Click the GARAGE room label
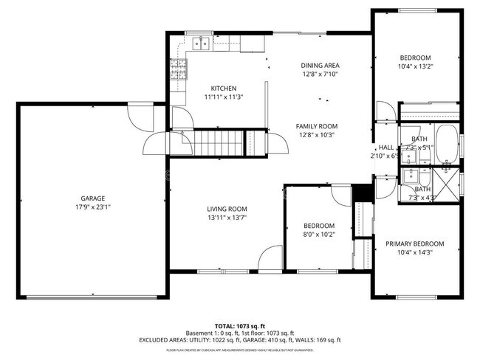93,198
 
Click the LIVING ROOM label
226,209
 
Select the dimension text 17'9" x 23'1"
93,207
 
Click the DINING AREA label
320,66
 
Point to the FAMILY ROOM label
316,126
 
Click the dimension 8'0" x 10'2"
319,235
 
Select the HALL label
387,147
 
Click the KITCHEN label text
223,89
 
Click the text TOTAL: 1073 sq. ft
239,325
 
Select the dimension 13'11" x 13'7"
226,218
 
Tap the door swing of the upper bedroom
385,112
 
